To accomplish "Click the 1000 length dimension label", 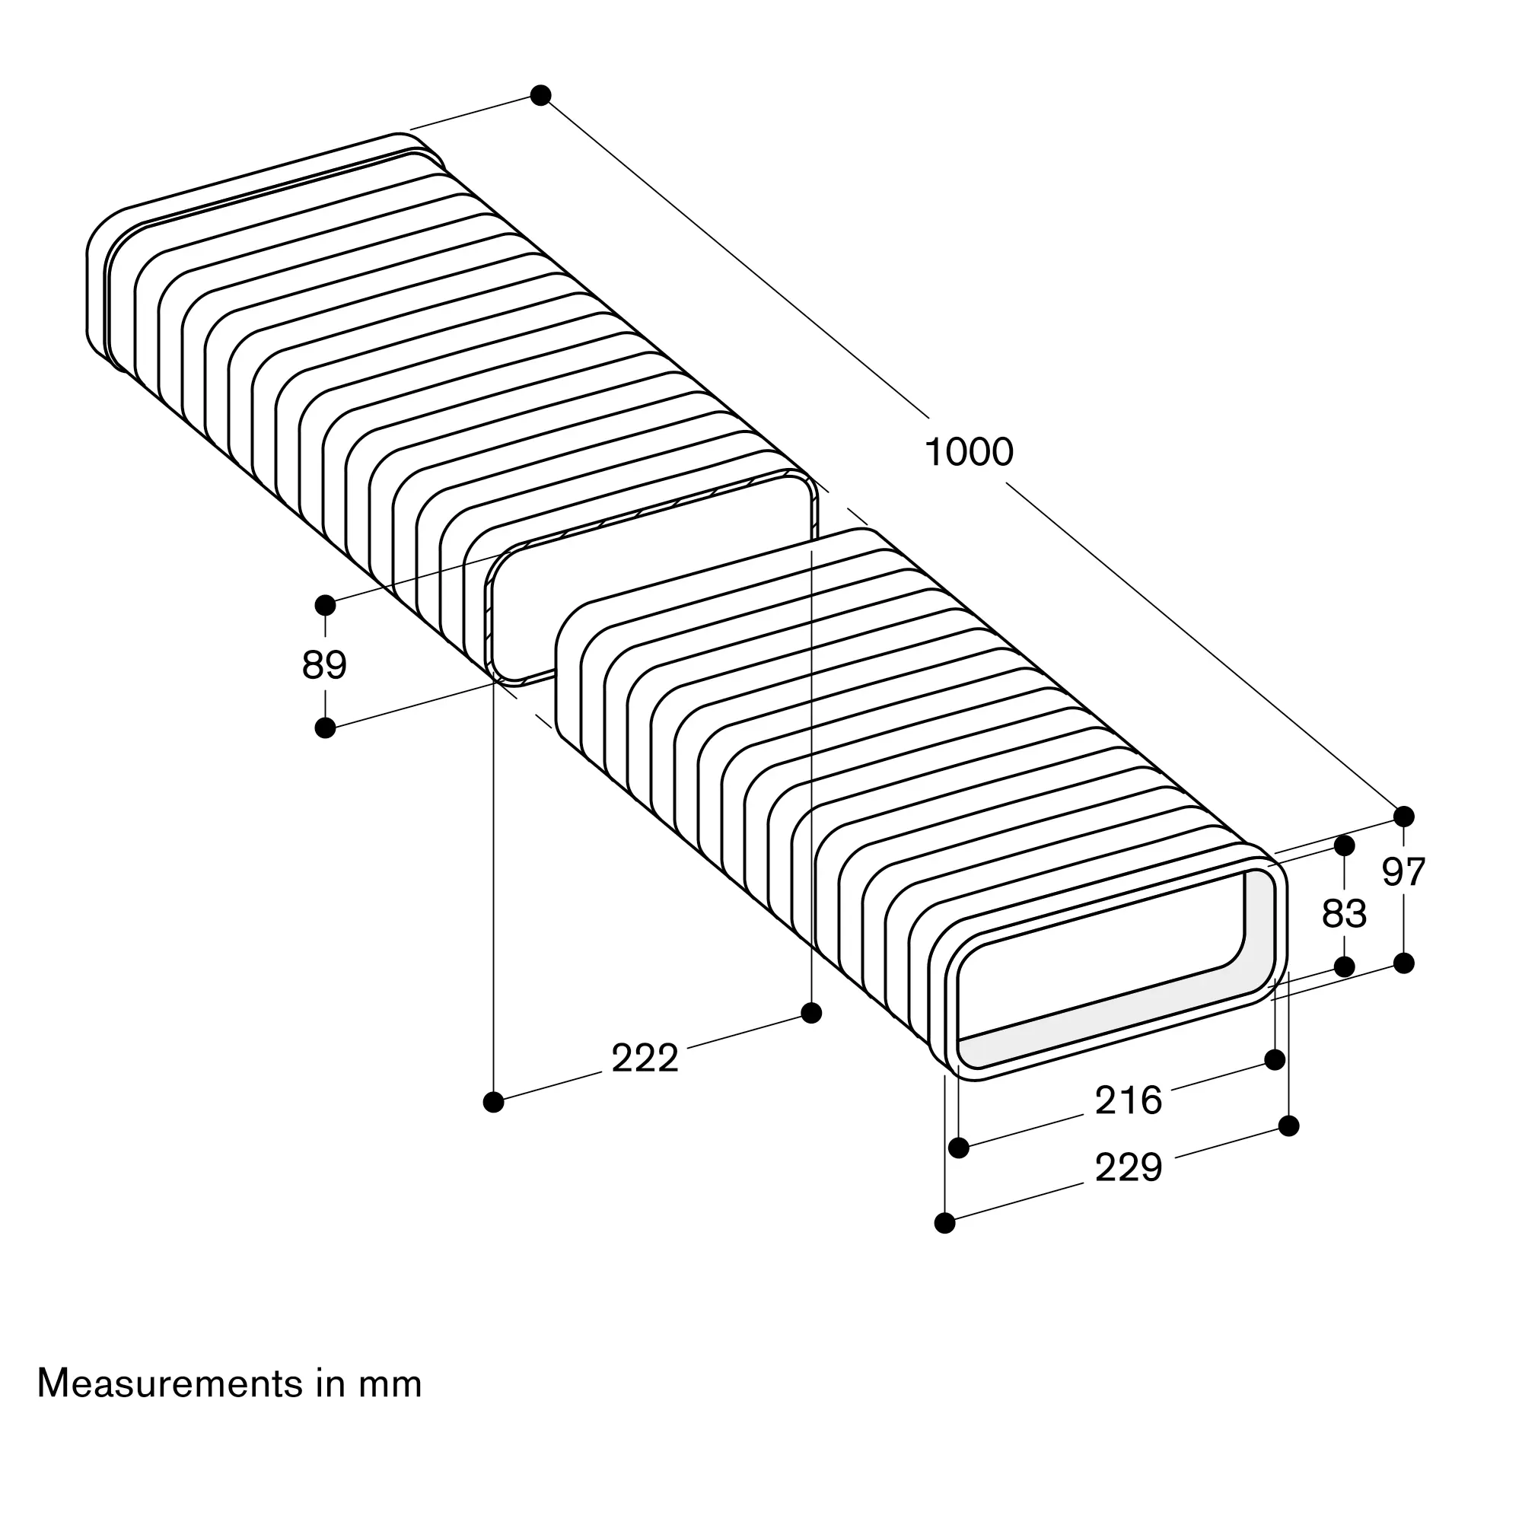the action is pyautogui.click(x=968, y=453).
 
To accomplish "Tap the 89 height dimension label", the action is pyautogui.click(x=325, y=666).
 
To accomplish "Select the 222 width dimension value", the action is pyautogui.click(x=645, y=1059).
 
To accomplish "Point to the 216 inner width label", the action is pyautogui.click(x=1128, y=1100).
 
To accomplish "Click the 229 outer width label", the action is pyautogui.click(x=1128, y=1167).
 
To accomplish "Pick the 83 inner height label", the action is pyautogui.click(x=1344, y=915).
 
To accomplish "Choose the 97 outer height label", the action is pyautogui.click(x=1404, y=872).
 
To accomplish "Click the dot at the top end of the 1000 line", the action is pyautogui.click(x=540, y=95).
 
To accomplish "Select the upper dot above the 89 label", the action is pyautogui.click(x=326, y=605).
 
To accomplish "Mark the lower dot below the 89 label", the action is pyautogui.click(x=326, y=728).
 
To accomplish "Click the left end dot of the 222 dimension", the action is pyautogui.click(x=494, y=1102).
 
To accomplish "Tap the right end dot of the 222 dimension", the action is pyautogui.click(x=811, y=1013).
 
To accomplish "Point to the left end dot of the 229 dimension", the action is pyautogui.click(x=944, y=1223).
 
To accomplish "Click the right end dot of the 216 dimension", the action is pyautogui.click(x=1275, y=1059).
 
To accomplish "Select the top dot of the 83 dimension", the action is pyautogui.click(x=1344, y=846).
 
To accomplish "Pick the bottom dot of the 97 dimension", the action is pyautogui.click(x=1404, y=963).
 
